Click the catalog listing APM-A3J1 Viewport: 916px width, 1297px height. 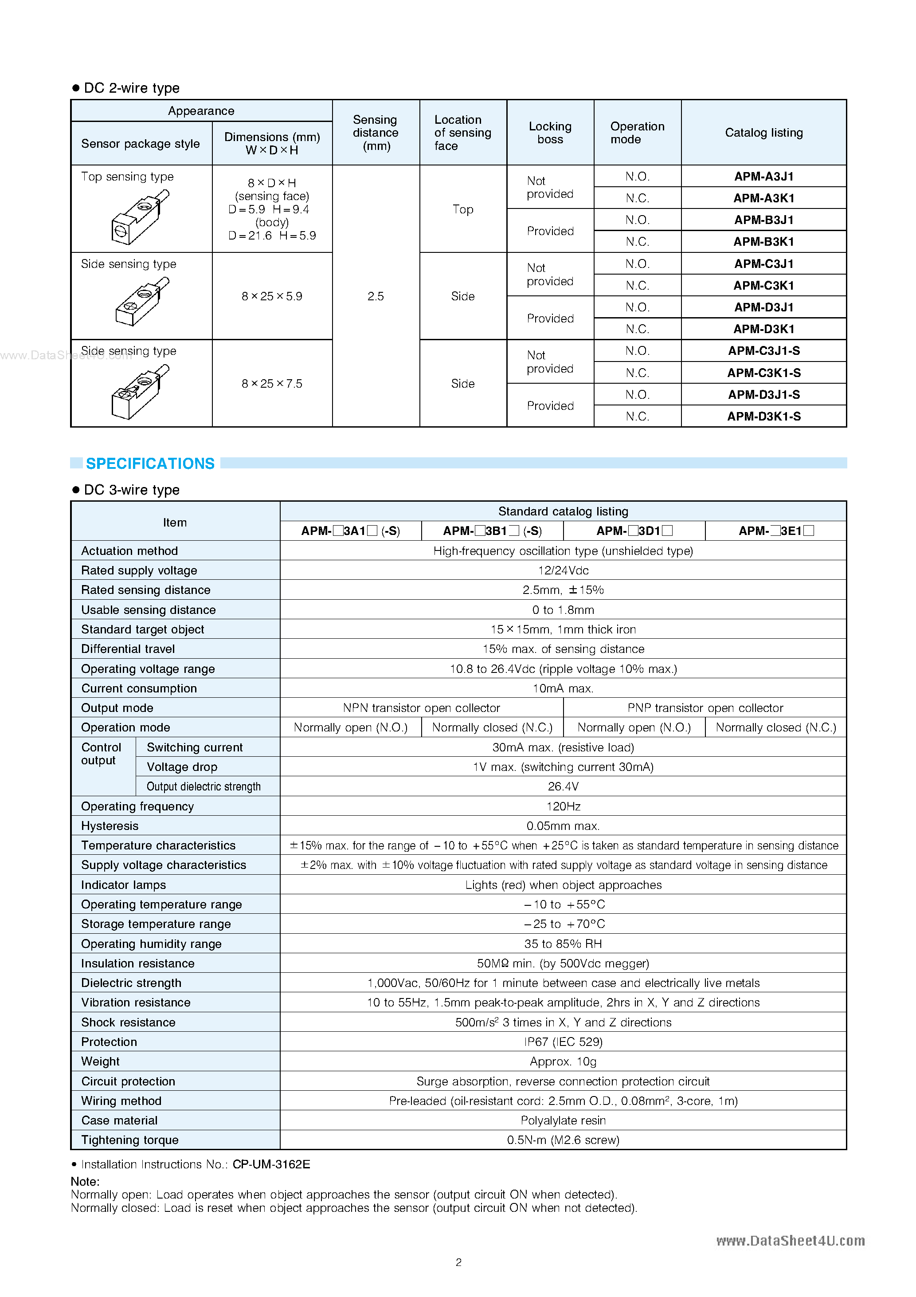[763, 176]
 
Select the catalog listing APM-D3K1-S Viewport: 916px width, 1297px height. [763, 417]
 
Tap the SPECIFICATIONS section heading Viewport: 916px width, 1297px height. [150, 463]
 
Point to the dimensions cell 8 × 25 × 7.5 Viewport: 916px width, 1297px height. [272, 384]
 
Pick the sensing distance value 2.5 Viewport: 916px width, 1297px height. [375, 296]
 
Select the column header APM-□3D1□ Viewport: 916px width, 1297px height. [634, 531]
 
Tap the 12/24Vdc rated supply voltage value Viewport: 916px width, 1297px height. [563, 570]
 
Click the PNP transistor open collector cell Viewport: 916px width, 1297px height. [705, 708]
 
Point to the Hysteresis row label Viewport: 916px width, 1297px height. [110, 826]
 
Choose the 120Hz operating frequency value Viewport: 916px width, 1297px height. [563, 806]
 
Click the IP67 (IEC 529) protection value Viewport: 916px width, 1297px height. [563, 1042]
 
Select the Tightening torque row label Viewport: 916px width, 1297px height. [130, 1140]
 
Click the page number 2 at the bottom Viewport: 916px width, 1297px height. [458, 1262]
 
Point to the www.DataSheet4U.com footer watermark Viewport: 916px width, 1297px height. [790, 1241]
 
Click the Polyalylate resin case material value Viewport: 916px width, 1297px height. [563, 1120]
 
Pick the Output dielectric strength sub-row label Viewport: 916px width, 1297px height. [204, 786]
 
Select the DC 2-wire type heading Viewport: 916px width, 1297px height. [131, 88]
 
